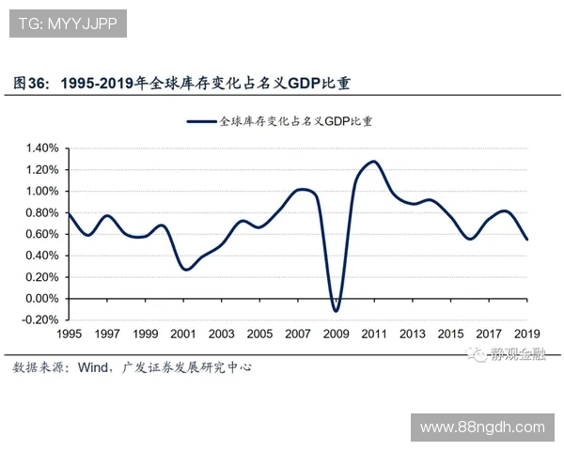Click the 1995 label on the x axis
(69, 334)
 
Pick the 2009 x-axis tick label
(336, 334)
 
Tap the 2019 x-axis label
(526, 334)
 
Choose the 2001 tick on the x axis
(183, 334)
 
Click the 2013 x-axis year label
(412, 334)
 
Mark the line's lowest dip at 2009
(336, 311)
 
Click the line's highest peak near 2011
(374, 162)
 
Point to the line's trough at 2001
(185, 270)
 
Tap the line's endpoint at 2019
(527, 240)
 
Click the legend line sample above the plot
(202, 121)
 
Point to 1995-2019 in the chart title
(98, 84)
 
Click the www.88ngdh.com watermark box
(481, 428)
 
